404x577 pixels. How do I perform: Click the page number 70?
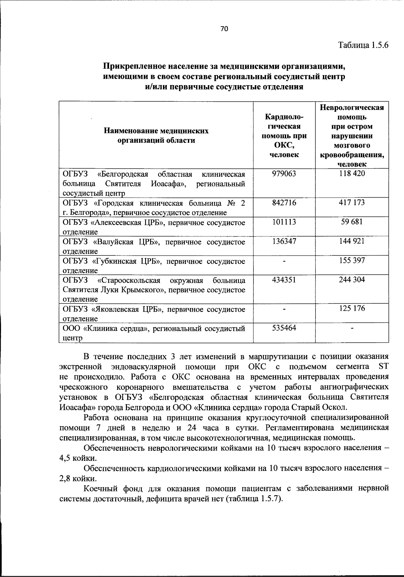[x=224, y=29]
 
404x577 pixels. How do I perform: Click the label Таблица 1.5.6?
[x=363, y=45]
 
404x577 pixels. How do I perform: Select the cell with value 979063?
[x=284, y=174]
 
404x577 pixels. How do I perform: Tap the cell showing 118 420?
[x=352, y=174]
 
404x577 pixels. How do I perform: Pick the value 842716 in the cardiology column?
[x=284, y=203]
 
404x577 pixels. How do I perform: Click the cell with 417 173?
[x=352, y=203]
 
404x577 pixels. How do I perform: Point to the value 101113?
[x=284, y=222]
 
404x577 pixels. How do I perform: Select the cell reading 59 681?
[x=352, y=222]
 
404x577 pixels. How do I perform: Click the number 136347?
[x=284, y=241]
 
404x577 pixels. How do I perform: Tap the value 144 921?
[x=352, y=241]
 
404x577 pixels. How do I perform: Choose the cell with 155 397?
[x=352, y=261]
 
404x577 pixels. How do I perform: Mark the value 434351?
[x=284, y=280]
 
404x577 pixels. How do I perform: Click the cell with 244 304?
[x=352, y=280]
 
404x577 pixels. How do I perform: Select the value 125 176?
[x=352, y=309]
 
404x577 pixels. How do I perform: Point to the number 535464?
[x=284, y=328]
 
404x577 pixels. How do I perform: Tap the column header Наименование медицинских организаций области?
[x=156, y=135]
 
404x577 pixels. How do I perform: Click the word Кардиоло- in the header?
[x=284, y=117]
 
